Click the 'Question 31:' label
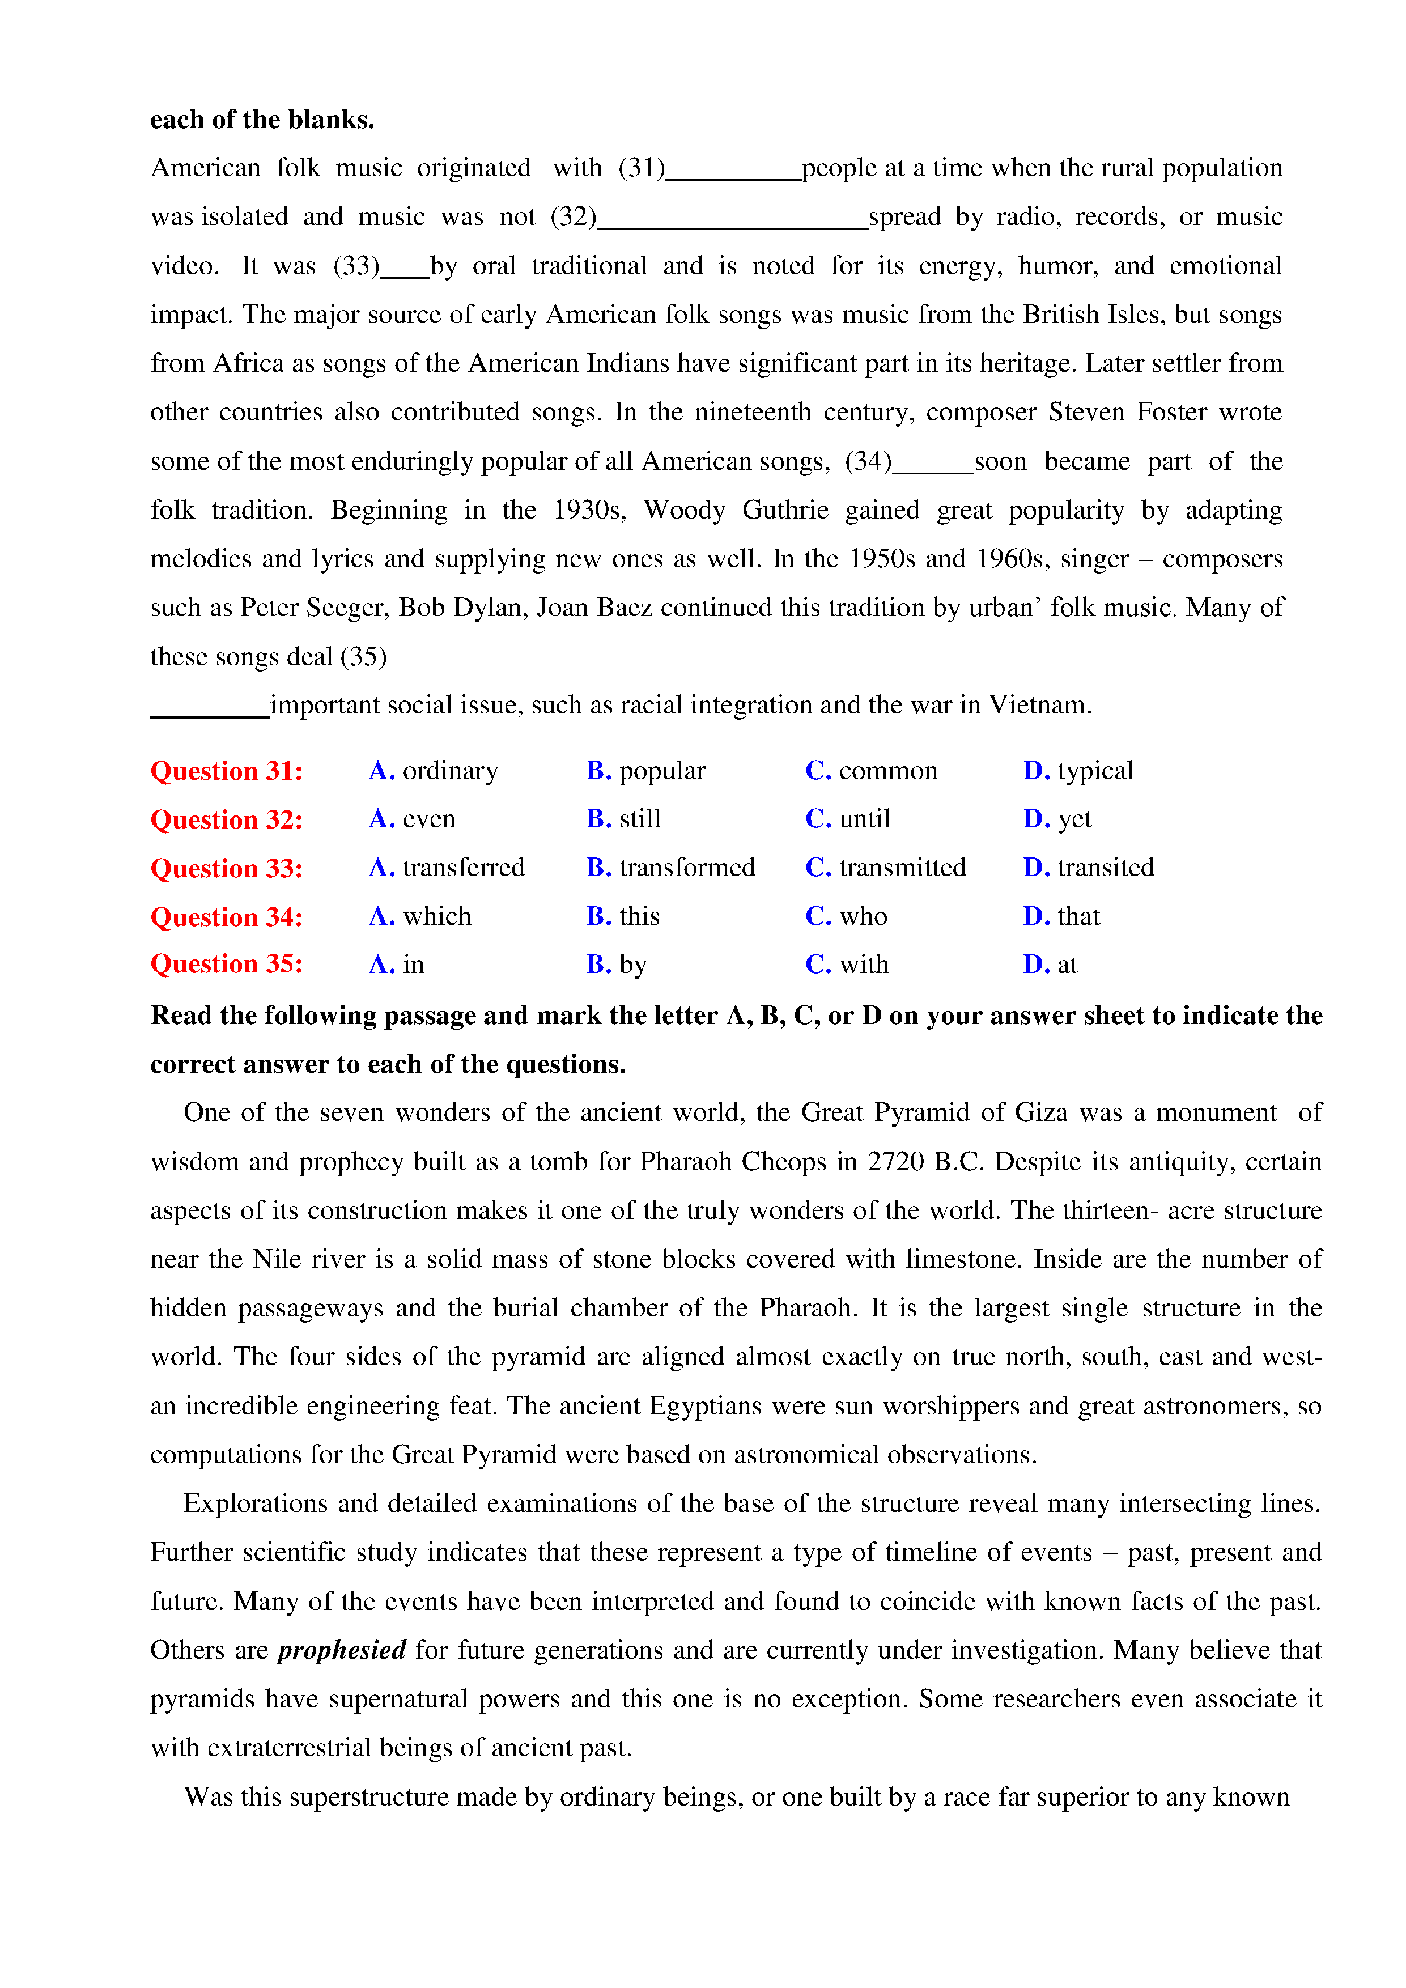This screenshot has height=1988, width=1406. (227, 771)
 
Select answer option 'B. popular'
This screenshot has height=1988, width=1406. (646, 771)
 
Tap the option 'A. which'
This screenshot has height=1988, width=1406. (420, 916)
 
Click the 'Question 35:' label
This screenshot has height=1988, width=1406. (227, 965)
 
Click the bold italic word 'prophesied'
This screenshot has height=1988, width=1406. (342, 1650)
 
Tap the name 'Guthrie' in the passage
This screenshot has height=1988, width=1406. (785, 510)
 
